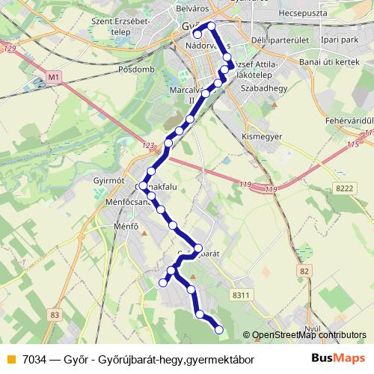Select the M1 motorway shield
click(52, 76)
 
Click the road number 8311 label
click(241, 297)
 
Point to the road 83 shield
click(55, 316)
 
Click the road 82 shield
click(303, 269)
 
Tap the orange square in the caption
click(10, 359)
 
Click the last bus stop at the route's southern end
click(219, 329)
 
